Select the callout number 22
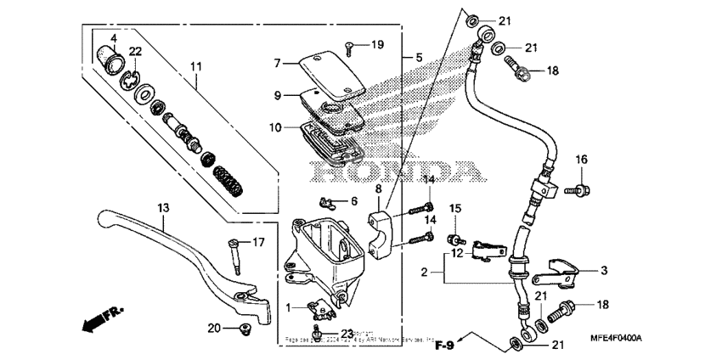pyautogui.click(x=135, y=53)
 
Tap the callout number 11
pyautogui.click(x=196, y=66)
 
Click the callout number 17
pyautogui.click(x=258, y=242)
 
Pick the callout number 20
pyautogui.click(x=215, y=328)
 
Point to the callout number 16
pyautogui.click(x=582, y=160)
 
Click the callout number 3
pyautogui.click(x=604, y=271)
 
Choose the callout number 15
pyautogui.click(x=454, y=209)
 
